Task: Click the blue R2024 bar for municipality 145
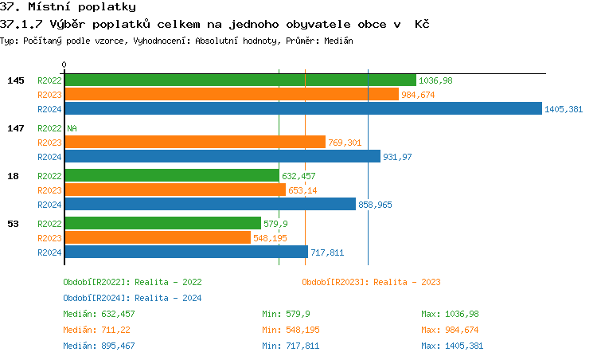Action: pyautogui.click(x=302, y=109)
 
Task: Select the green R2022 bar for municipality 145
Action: pyautogui.click(x=240, y=80)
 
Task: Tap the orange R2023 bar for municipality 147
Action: pyautogui.click(x=195, y=143)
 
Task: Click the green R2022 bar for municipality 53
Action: pyautogui.click(x=162, y=224)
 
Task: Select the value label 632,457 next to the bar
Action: pyautogui.click(x=298, y=176)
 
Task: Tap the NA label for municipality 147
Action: pyautogui.click(x=72, y=128)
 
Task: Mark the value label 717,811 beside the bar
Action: pyautogui.click(x=326, y=252)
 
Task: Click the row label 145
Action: pyautogui.click(x=15, y=80)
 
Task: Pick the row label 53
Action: pyautogui.click(x=13, y=224)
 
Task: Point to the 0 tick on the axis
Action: pyautogui.click(x=64, y=65)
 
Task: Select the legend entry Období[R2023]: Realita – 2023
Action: pyautogui.click(x=371, y=282)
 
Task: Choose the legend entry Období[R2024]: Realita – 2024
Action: pyautogui.click(x=132, y=298)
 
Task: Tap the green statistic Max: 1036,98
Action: pyautogui.click(x=450, y=314)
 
